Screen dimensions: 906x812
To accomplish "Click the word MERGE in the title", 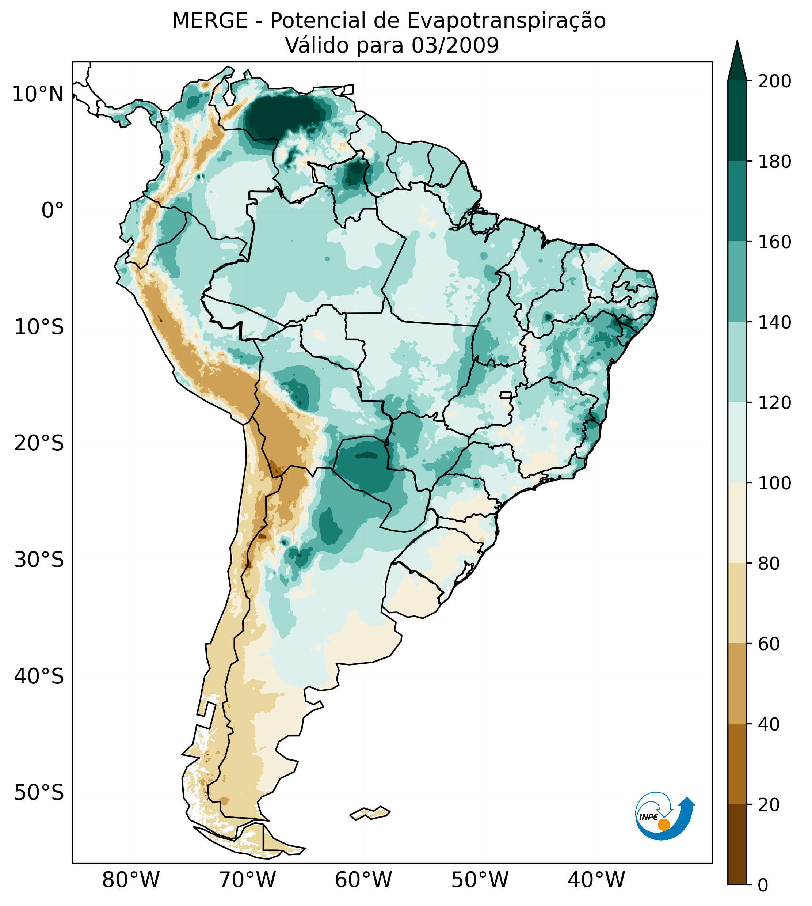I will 210,21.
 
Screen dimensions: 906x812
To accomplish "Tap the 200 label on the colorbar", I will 774,81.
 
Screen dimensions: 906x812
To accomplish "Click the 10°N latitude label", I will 38,95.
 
